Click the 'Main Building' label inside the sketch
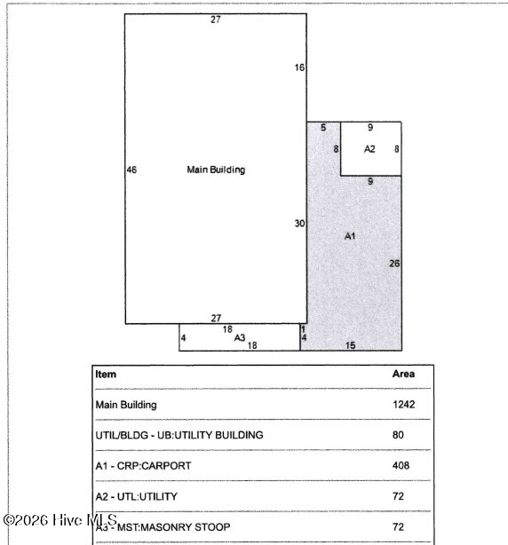216,170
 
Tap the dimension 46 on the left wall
131,170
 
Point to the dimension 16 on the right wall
299,67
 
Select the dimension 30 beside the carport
299,223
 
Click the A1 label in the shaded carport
350,236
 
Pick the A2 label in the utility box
369,149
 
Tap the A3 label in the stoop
240,337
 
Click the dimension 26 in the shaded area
394,264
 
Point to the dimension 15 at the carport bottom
351,345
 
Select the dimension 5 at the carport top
323,128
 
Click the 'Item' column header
106,375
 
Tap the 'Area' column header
403,374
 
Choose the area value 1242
404,404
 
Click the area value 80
398,435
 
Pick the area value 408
401,465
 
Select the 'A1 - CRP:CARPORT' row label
143,466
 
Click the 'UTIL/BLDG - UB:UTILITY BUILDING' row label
179,435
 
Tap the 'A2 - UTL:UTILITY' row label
136,496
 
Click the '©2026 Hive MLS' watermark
60,520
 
